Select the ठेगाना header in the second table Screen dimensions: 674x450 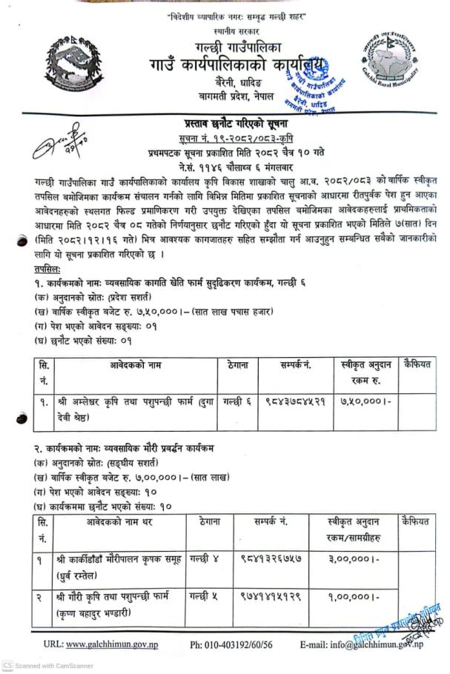click(x=209, y=521)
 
